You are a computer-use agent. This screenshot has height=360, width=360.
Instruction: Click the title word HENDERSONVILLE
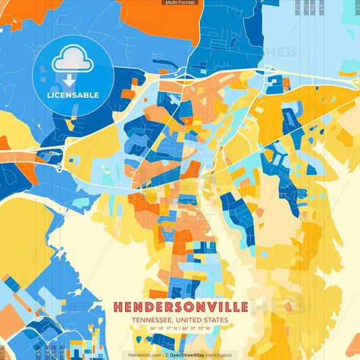pos(180,307)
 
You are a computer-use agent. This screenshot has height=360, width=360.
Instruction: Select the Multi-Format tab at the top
pos(180,3)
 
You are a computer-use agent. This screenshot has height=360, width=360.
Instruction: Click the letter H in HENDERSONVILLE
pos(118,307)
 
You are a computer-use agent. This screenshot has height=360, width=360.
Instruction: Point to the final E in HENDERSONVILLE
pos(243,307)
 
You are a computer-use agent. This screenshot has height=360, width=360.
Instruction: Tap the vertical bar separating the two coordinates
pos(180,329)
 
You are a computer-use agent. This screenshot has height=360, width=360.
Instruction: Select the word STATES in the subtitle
pos(216,320)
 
